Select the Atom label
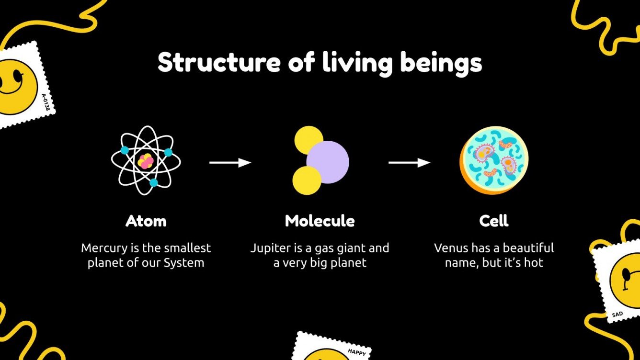[146, 221]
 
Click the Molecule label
[320, 221]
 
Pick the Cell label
[493, 221]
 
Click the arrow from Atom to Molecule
[230, 163]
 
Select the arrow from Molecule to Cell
[409, 163]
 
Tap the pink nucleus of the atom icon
[145, 161]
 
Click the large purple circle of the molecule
[328, 162]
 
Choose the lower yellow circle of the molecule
[307, 180]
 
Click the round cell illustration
[494, 160]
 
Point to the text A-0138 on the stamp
[46, 102]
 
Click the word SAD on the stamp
[617, 315]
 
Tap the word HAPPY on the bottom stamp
[356, 352]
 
